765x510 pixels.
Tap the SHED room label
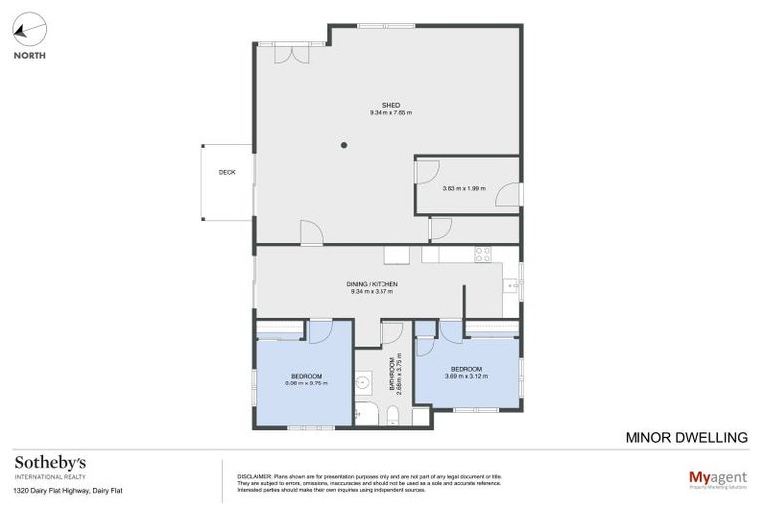coord(390,104)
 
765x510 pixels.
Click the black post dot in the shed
coord(344,146)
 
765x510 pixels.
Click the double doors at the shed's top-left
coord(291,53)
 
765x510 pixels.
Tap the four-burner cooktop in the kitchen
coord(482,254)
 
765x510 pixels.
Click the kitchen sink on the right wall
coord(512,286)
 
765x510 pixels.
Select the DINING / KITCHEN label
coord(375,284)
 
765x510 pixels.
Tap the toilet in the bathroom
coord(393,415)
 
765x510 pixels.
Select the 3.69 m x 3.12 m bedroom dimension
coord(466,376)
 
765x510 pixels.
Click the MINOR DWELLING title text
coord(685,437)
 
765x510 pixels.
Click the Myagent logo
coord(718,478)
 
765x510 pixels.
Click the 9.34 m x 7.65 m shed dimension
coord(390,113)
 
